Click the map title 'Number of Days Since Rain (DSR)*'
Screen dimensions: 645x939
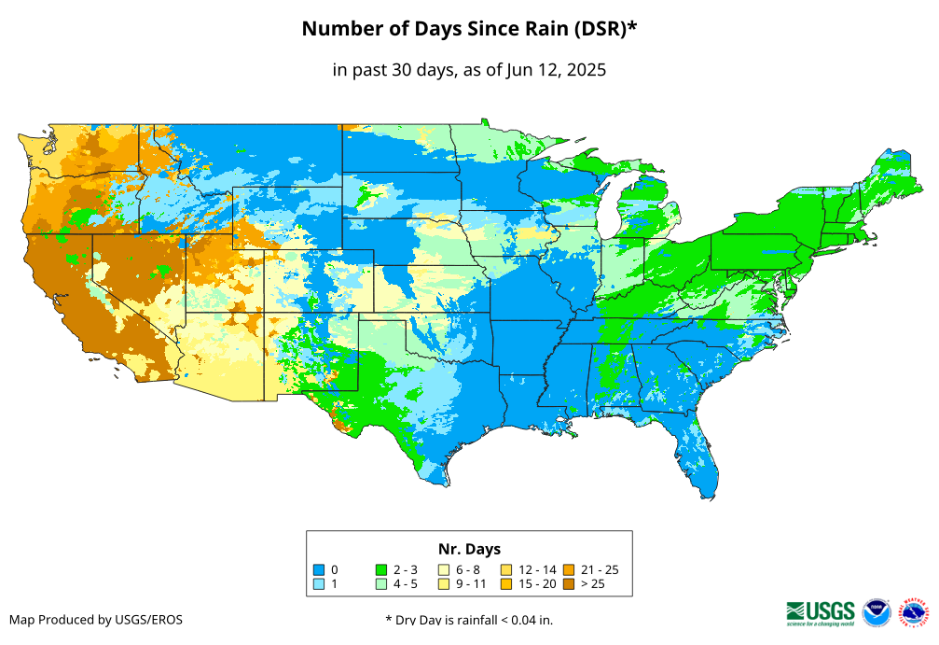[x=469, y=29]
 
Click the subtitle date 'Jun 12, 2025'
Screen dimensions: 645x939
[x=557, y=70]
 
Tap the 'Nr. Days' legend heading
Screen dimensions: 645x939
[x=469, y=549]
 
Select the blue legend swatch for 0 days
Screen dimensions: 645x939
[x=318, y=569]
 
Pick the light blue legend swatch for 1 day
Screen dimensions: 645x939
[x=318, y=584]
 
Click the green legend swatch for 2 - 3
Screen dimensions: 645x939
[x=380, y=569]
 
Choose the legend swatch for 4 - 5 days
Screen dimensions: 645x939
[x=380, y=584]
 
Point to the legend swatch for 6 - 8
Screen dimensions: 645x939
[x=444, y=569]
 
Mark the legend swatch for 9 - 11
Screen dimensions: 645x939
[x=444, y=584]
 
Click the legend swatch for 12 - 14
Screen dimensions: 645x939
[x=506, y=569]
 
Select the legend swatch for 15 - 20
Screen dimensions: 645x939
[x=506, y=584]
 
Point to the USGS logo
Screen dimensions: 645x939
[x=821, y=612]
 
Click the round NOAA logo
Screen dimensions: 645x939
[x=877, y=612]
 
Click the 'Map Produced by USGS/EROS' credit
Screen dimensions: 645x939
[x=96, y=620]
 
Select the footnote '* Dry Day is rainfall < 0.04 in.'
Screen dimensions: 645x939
[x=469, y=620]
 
